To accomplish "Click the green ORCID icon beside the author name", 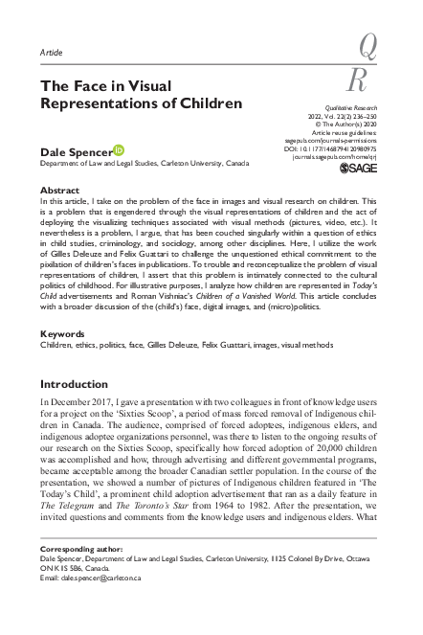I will coord(119,149).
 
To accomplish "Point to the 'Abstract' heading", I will coord(58,191).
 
